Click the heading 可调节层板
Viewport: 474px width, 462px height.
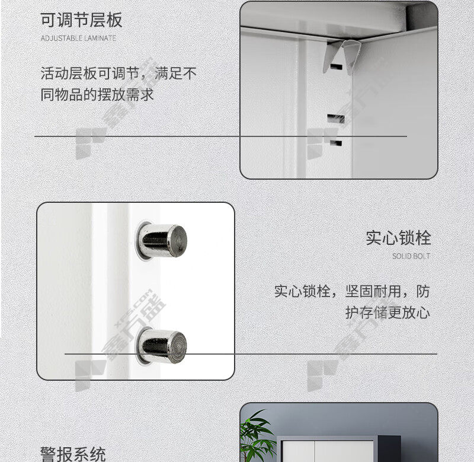81,20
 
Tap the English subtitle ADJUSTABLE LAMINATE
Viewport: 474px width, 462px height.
78,39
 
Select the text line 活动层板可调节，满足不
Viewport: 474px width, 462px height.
118,74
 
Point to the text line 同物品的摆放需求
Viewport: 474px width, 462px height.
97,95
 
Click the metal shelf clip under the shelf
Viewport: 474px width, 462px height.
342,57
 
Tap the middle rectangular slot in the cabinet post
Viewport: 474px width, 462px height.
336,118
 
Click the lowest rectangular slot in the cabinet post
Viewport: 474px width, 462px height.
336,143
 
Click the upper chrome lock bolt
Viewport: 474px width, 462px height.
161,241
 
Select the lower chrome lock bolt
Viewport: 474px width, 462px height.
161,347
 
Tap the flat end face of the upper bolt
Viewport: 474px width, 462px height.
178,241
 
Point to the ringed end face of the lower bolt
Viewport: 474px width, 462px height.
178,347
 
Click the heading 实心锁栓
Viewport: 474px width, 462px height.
398,238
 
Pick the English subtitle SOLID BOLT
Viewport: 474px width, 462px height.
411,256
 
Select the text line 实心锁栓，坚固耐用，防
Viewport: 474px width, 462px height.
352,292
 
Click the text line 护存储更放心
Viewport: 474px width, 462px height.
387,313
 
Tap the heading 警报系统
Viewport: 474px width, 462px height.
73,454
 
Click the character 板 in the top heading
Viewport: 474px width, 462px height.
114,20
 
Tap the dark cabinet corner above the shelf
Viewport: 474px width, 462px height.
422,17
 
